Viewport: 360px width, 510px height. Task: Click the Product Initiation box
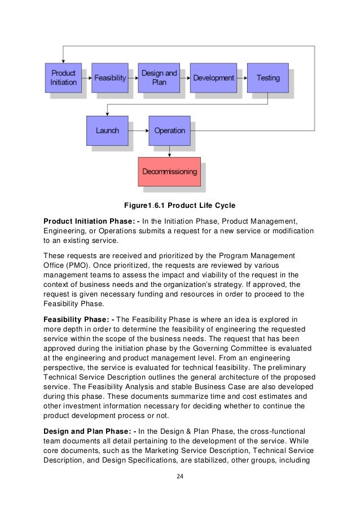click(x=63, y=78)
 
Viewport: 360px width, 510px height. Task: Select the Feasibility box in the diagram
click(x=110, y=78)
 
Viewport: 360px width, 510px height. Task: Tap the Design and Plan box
click(x=159, y=78)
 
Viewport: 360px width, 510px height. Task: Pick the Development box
click(x=213, y=78)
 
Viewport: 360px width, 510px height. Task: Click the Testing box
click(x=268, y=78)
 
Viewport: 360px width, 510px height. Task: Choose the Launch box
click(x=107, y=130)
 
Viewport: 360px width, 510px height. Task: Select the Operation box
click(x=169, y=130)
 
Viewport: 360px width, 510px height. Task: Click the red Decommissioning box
click(x=169, y=172)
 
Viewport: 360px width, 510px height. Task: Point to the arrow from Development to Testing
click(x=241, y=78)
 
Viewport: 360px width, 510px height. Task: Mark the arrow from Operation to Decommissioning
click(x=169, y=151)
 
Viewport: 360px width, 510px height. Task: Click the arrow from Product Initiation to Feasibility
click(x=87, y=78)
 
